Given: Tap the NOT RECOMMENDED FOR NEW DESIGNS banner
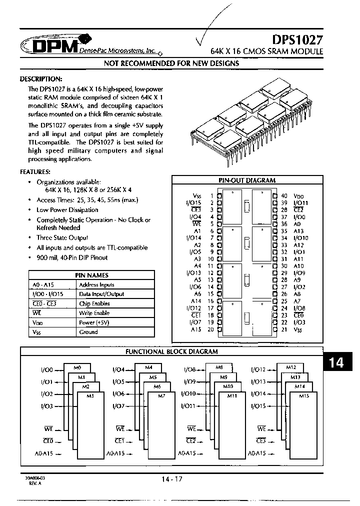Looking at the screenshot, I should click(171, 63).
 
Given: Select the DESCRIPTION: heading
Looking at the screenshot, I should click(41, 79).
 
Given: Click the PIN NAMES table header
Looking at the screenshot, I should click(91, 275).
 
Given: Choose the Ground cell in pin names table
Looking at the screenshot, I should click(88, 332).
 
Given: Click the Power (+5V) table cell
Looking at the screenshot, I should click(94, 322).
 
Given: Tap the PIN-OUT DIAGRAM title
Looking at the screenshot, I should click(247, 180).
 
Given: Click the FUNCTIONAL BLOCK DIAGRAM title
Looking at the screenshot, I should click(171, 351).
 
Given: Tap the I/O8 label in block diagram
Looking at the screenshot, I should click(189, 369).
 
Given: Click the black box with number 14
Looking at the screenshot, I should click(336, 362).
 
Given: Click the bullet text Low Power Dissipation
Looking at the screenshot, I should click(67, 210).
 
